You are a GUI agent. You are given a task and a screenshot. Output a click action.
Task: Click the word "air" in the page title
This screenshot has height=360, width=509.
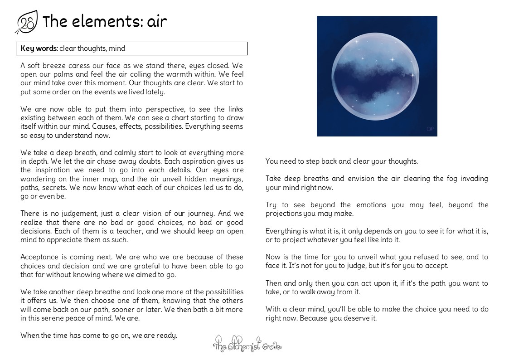157,21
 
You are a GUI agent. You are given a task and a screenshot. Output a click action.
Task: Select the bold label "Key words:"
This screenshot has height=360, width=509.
39,49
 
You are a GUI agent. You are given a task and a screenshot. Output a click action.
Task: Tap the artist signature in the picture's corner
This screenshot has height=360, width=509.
430,129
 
